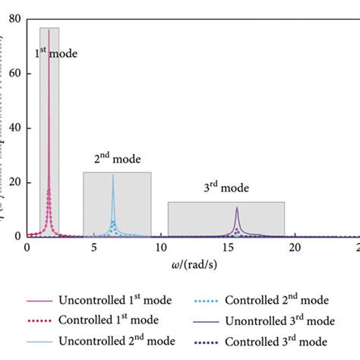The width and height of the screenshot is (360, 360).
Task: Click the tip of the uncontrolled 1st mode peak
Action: click(49, 30)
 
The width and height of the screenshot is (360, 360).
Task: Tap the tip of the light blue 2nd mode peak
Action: click(113, 175)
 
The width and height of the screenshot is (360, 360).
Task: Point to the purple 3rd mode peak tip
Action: click(237, 207)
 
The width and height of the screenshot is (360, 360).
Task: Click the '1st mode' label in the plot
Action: click(57, 55)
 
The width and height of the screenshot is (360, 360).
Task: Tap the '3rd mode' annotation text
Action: click(227, 188)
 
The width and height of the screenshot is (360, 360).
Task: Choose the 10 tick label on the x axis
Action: click(160, 248)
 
